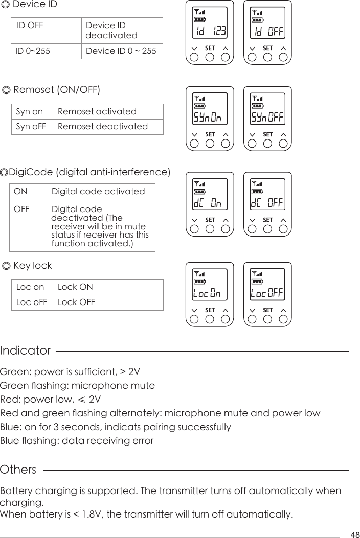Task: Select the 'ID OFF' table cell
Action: click(x=30, y=26)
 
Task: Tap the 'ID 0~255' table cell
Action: click(x=33, y=51)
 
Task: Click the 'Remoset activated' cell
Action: click(x=97, y=111)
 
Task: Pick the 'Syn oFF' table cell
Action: click(x=32, y=126)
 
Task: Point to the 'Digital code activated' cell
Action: click(x=99, y=192)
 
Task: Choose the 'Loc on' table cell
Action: click(x=30, y=287)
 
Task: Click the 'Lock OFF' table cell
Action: click(x=76, y=302)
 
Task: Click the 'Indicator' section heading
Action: click(x=26, y=351)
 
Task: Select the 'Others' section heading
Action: click(x=18, y=470)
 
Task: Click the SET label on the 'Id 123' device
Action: click(x=210, y=48)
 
